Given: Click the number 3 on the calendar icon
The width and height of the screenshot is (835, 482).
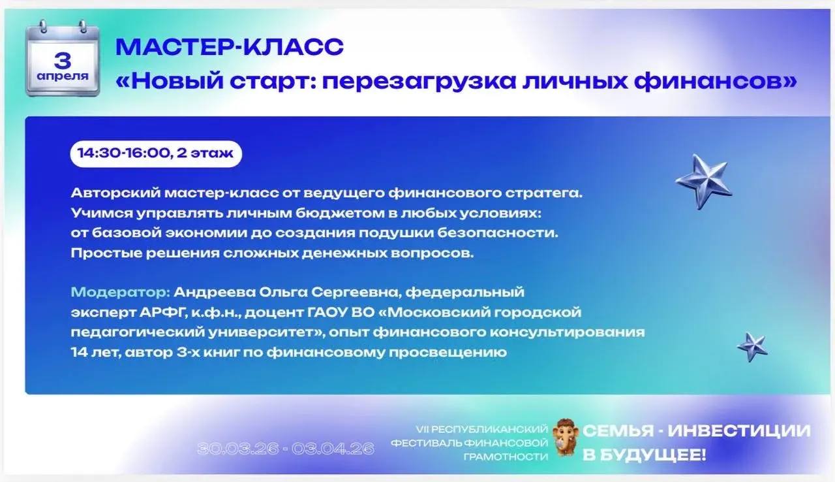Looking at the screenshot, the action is click(x=63, y=61).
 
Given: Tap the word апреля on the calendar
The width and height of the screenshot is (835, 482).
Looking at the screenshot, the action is click(x=63, y=76).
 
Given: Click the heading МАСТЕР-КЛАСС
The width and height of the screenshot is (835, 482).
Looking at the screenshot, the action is click(x=230, y=47).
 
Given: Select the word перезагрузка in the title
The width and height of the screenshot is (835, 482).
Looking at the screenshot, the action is click(x=419, y=82).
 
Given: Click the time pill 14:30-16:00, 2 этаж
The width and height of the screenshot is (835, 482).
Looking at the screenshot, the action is click(x=156, y=153).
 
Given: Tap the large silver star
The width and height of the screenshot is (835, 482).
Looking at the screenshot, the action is click(x=704, y=182).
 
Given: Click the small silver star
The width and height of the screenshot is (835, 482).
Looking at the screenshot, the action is click(x=752, y=347).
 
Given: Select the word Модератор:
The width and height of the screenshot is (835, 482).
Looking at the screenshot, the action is click(x=121, y=292).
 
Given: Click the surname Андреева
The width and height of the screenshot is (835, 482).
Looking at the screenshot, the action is click(x=215, y=292).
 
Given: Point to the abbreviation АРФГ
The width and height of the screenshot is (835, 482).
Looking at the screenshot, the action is click(x=163, y=312).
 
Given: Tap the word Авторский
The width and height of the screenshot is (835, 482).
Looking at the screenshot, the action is click(x=115, y=193).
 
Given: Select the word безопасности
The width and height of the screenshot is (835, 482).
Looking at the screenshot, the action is click(x=498, y=233).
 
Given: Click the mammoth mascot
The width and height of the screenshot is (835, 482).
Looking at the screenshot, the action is click(x=566, y=436).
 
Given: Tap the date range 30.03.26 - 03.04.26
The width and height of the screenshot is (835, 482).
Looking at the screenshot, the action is click(x=286, y=449).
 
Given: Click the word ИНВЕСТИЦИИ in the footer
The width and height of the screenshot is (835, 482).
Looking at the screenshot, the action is click(x=739, y=430).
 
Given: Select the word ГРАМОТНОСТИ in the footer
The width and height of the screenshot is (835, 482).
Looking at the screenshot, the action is click(x=506, y=457).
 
